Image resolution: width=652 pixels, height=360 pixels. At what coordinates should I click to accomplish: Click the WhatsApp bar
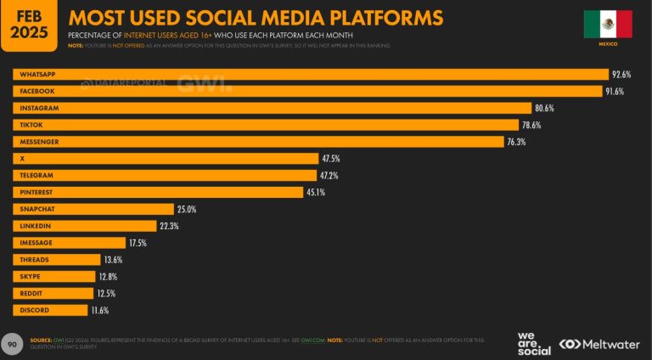310,75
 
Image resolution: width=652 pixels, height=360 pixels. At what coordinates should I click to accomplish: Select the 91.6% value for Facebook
615,91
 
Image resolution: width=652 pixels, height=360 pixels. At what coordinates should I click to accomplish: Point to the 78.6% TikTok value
531,125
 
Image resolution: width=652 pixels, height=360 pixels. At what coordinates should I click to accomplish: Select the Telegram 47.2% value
329,176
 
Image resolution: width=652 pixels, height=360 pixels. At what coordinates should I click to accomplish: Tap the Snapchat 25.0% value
186,209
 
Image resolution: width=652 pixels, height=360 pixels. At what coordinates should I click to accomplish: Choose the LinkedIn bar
84,226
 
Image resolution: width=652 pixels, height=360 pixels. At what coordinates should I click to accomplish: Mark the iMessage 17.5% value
138,243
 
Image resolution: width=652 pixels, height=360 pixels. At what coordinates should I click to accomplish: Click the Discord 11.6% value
99,310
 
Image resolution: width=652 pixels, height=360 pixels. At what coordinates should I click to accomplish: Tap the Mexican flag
607,24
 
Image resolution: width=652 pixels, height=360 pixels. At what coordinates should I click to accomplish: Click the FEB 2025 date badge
29,23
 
